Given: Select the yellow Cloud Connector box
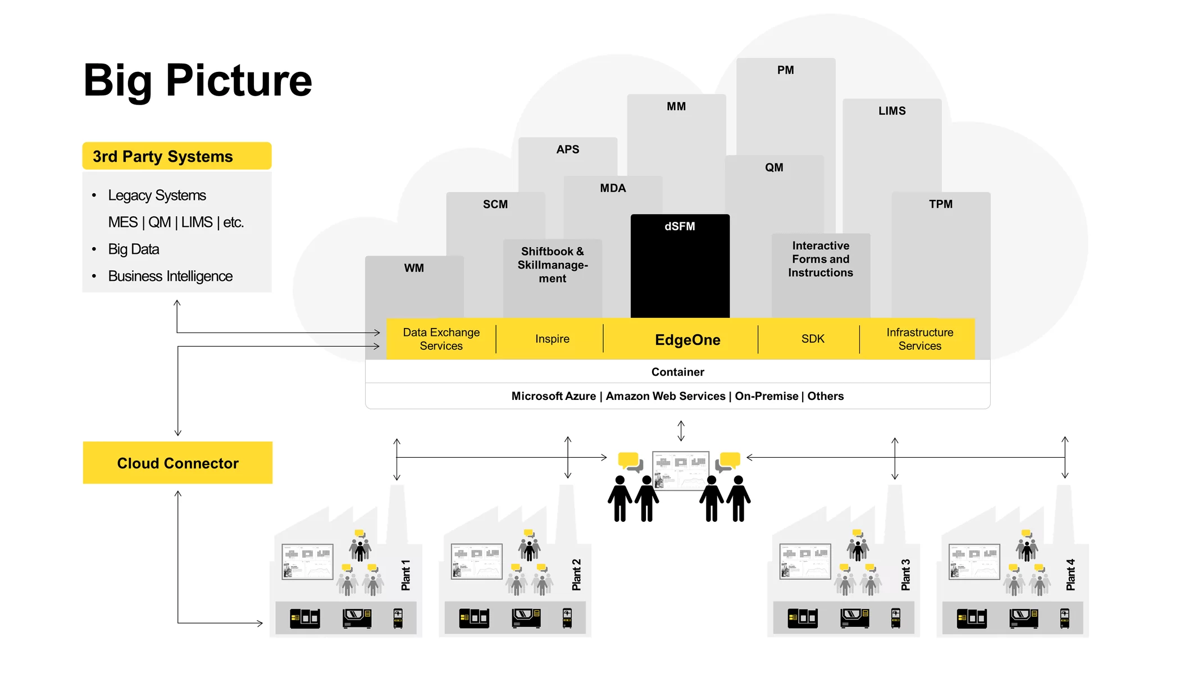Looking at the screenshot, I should pos(177,463).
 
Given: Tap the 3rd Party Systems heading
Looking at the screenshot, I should pos(163,156).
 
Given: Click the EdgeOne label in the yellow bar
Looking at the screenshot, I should pos(687,340).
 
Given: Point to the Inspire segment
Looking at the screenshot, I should pos(552,339).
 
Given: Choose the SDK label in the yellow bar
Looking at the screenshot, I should pos(813,339).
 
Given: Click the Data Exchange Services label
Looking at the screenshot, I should pos(441,339).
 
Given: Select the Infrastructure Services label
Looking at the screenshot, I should pos(919,339).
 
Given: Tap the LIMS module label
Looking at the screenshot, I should pos(892,111).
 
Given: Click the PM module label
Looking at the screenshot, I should pos(785,70).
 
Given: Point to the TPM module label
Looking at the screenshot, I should pos(941,204).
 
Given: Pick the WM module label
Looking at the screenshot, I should pos(414,268).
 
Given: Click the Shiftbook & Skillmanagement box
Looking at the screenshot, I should pos(553,265).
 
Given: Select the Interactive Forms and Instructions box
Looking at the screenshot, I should pos(821,259).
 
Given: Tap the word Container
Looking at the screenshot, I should pos(677,372).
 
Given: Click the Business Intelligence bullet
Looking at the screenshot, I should pos(170,276).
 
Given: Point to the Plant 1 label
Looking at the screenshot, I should pos(406,575).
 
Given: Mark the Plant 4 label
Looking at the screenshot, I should pos(1071,575).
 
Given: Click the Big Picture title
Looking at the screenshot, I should pos(197,80).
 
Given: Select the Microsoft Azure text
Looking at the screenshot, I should pos(553,396).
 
